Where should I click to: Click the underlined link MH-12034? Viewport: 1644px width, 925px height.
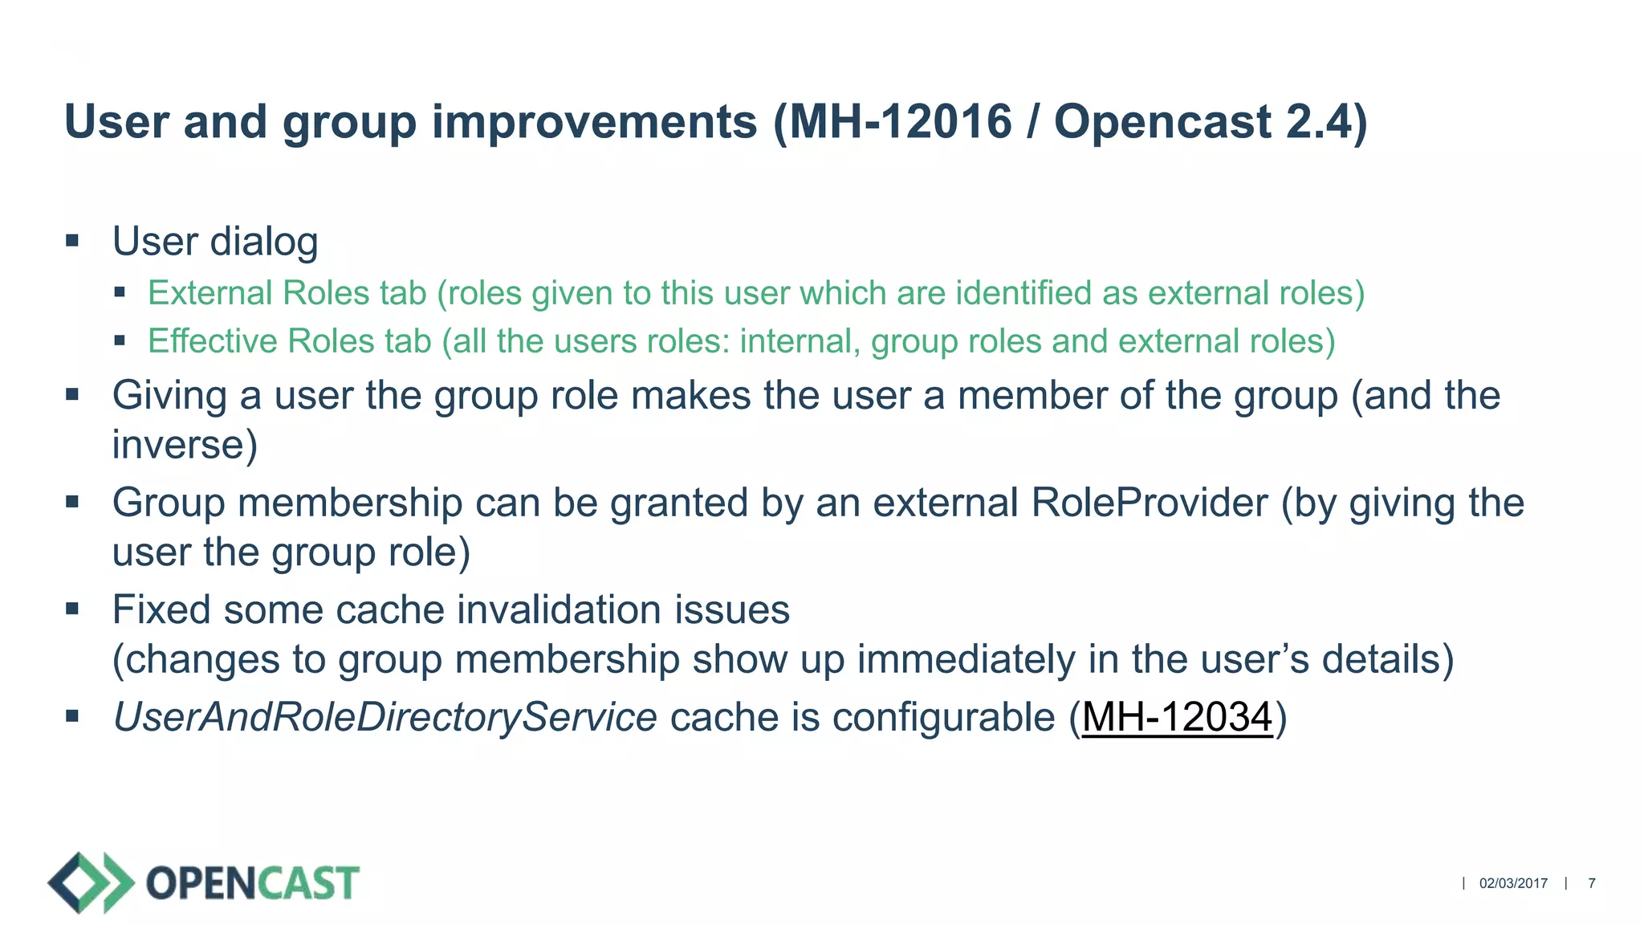pos(1177,717)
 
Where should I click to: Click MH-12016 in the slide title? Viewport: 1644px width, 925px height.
pos(901,122)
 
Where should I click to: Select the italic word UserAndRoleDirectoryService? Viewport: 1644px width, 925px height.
pos(385,717)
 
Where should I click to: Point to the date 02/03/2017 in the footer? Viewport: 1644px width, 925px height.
pos(1513,883)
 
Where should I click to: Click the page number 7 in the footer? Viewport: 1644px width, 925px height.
pos(1592,883)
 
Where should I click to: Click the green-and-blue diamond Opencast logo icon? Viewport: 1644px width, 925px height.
pos(91,882)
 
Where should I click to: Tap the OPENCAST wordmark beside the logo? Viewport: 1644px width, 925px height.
pos(253,883)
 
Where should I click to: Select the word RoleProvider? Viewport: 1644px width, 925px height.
pos(1150,503)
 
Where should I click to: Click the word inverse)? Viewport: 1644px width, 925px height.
pos(185,445)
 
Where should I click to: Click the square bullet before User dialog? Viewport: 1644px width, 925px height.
pos(72,240)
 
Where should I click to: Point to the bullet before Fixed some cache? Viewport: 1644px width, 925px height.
pos(72,609)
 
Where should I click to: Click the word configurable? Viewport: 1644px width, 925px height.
pos(943,717)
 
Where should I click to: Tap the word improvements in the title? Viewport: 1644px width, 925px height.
pos(594,122)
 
